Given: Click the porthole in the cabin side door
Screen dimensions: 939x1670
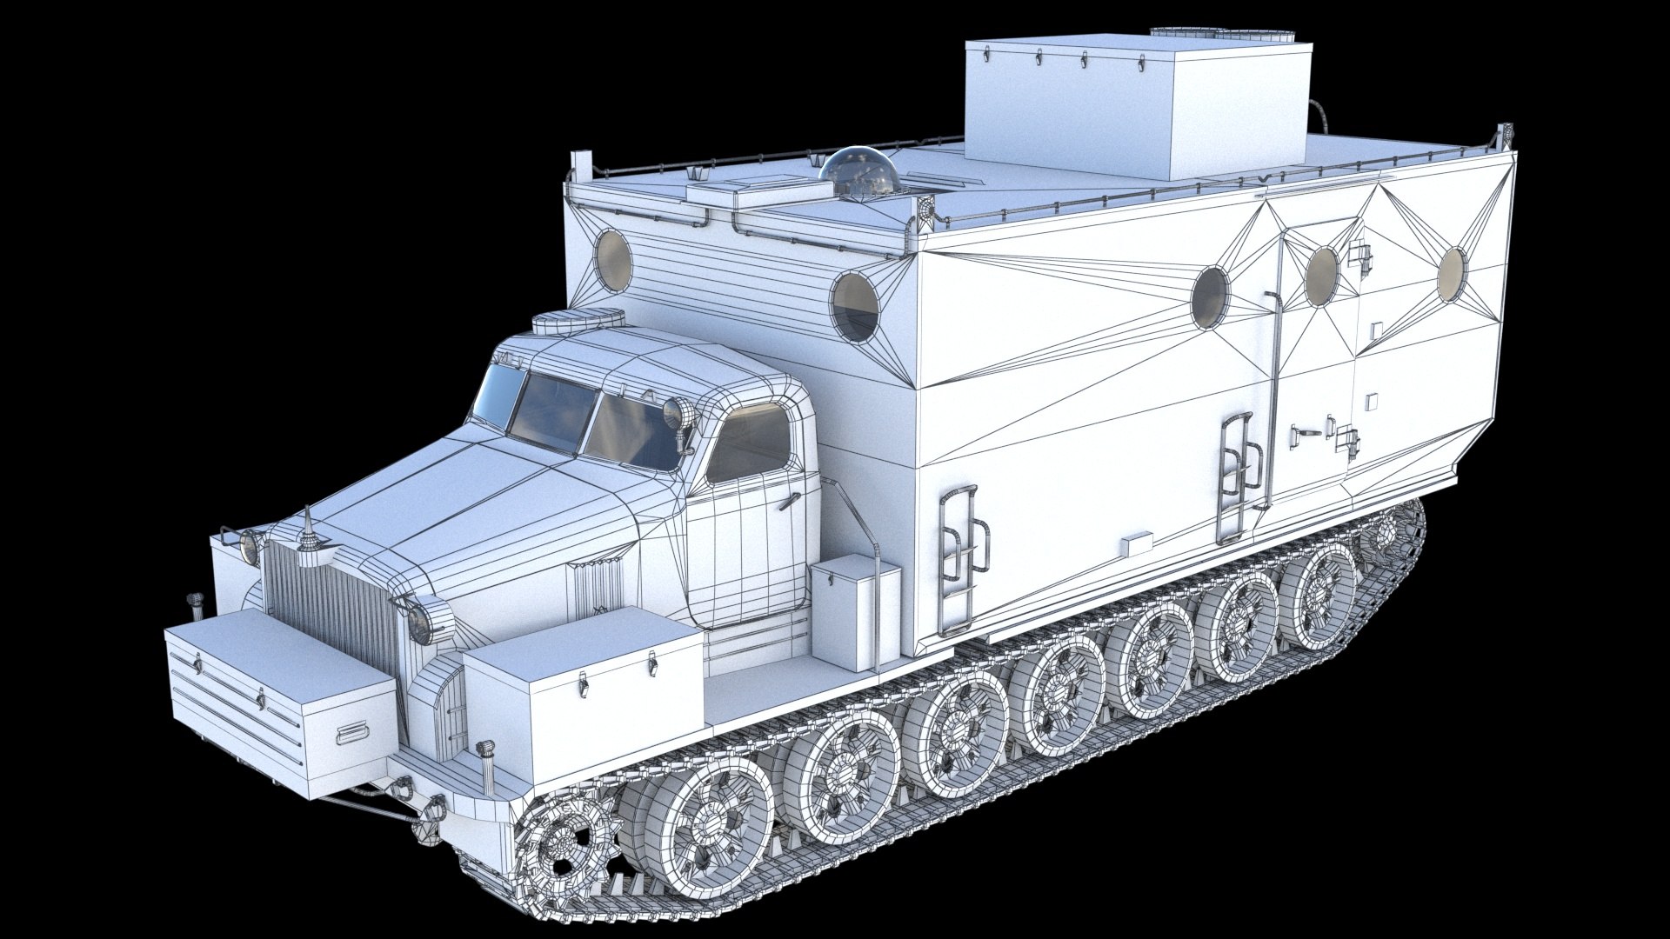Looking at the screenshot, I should click(x=1321, y=276).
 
